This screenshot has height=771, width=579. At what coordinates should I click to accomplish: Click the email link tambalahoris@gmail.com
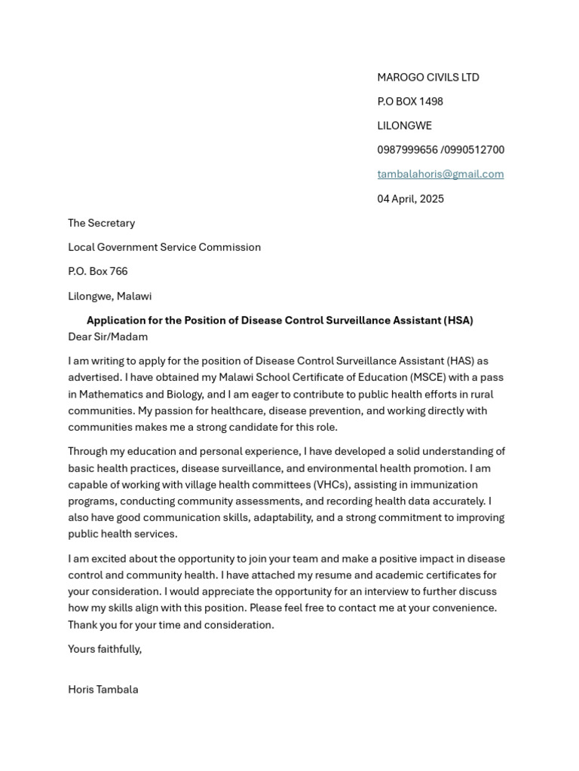(440, 174)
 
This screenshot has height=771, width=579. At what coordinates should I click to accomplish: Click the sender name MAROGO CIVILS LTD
(427, 78)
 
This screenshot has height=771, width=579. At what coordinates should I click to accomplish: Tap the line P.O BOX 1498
(409, 102)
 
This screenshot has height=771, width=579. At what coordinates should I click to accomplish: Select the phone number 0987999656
(407, 150)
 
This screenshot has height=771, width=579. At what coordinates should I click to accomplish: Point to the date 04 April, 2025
(410, 199)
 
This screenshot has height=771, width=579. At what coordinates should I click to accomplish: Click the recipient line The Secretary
(101, 223)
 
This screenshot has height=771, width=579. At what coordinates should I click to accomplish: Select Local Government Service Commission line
(164, 247)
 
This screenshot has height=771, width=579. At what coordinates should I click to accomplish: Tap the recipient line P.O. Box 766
(97, 271)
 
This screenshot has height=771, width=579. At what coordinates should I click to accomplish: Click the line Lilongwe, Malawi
(109, 296)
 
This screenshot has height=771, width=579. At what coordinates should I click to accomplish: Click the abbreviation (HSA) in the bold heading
(458, 320)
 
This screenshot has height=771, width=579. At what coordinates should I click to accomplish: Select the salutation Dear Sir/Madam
(108, 337)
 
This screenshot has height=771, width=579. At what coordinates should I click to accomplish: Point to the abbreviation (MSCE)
(433, 377)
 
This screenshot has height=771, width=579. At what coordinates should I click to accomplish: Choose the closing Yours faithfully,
(105, 648)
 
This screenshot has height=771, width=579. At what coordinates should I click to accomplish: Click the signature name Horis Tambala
(103, 689)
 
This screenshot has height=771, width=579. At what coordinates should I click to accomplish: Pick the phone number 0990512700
(475, 150)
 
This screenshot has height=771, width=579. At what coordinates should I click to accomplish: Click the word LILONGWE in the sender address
(404, 126)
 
